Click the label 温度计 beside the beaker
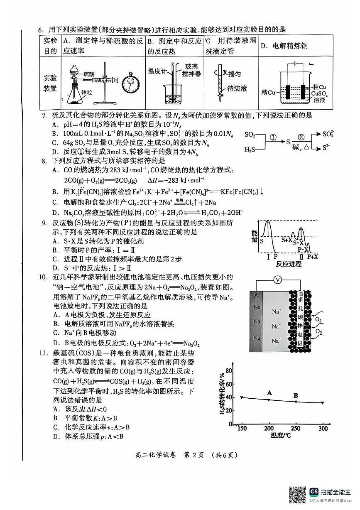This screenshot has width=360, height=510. tap(157, 71)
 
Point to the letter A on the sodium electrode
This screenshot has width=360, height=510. tap(255, 294)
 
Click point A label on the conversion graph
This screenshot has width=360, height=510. tap(269, 392)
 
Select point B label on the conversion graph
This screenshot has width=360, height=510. tap(296, 395)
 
